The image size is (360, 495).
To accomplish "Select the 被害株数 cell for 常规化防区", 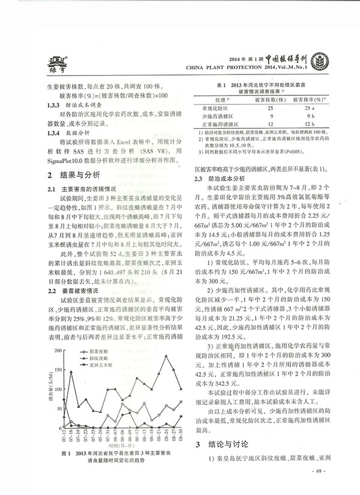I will pyautogui.click(x=254, y=106).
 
